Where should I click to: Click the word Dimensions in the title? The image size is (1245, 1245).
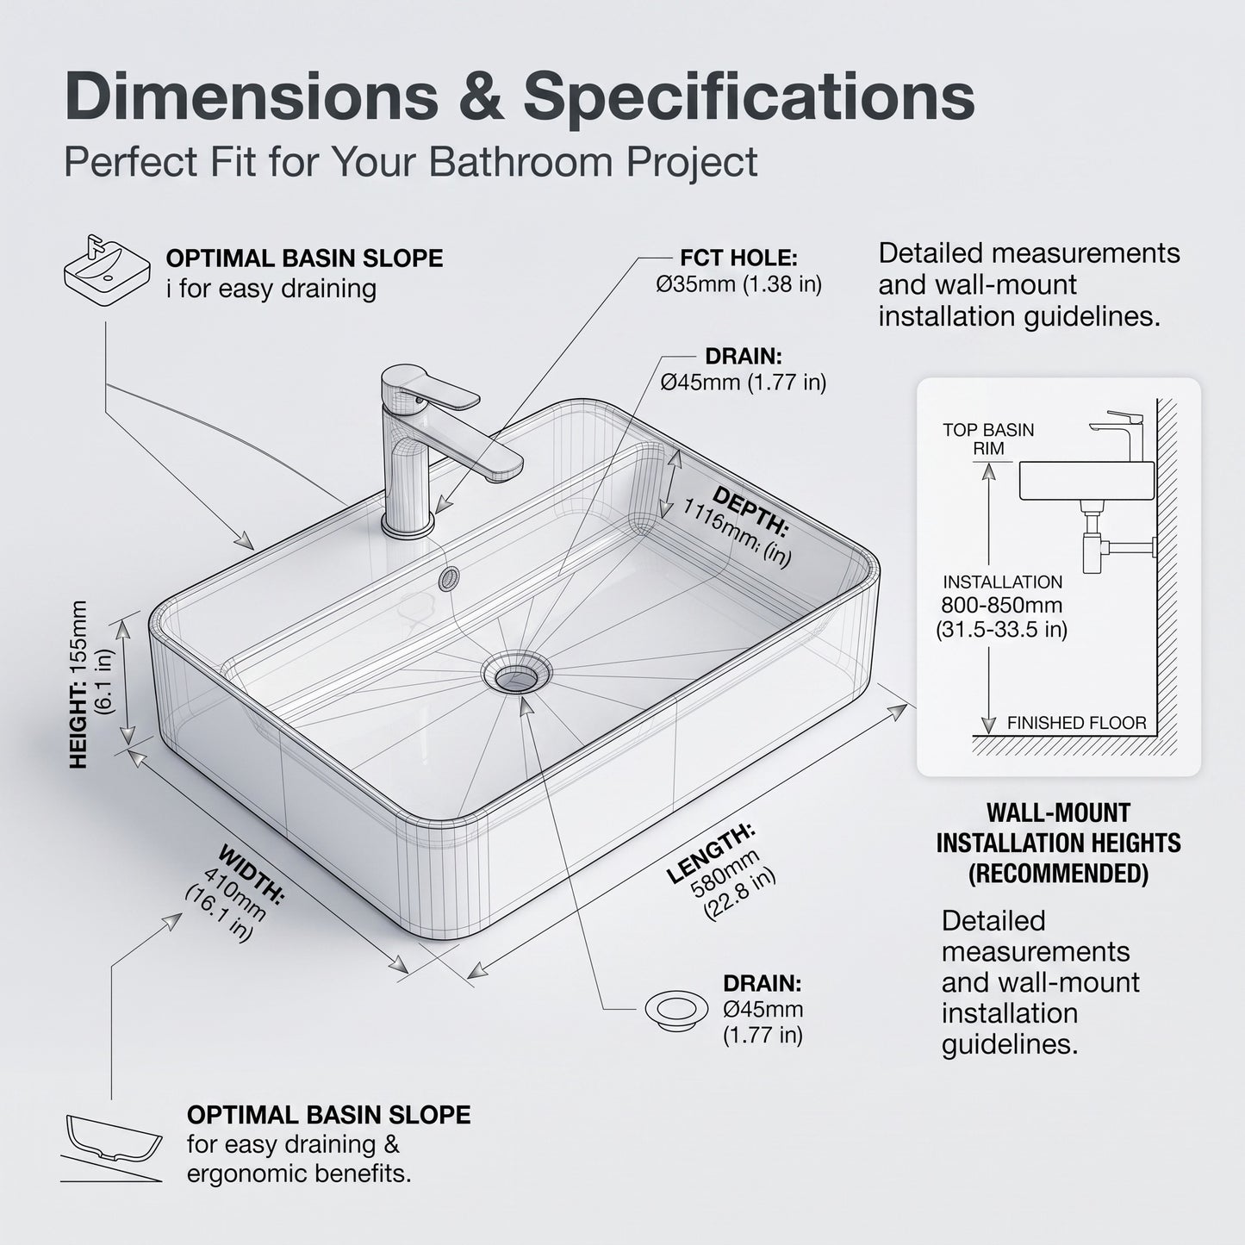tap(252, 96)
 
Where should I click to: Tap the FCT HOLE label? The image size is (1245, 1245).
tap(738, 258)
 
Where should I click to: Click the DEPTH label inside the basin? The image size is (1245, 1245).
tap(750, 511)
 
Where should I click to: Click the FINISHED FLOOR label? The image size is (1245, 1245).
tap(1076, 723)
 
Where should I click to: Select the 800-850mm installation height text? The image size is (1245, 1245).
tap(1001, 606)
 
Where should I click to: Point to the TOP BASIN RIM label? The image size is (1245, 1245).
tap(988, 439)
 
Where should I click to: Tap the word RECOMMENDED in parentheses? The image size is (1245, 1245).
tap(1058, 874)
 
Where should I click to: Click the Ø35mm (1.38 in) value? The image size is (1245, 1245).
tap(738, 284)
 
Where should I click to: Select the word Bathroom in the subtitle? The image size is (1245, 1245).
tap(520, 161)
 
